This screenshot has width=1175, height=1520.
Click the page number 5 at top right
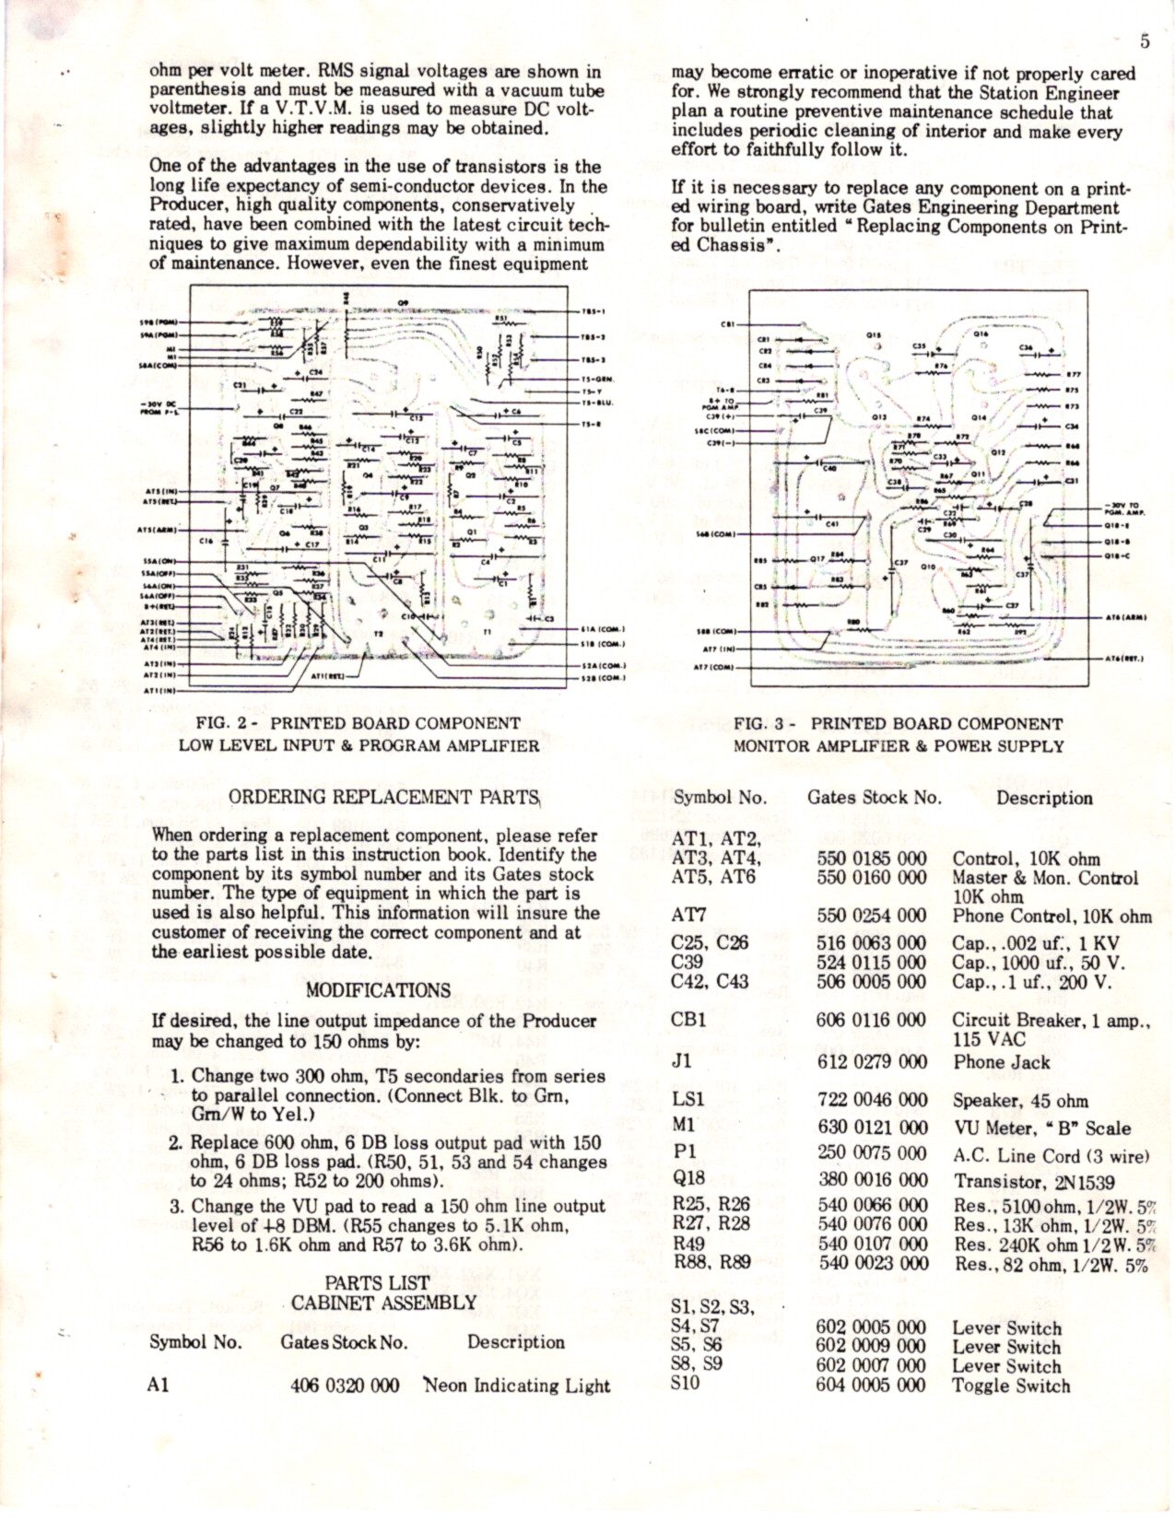coord(1145,41)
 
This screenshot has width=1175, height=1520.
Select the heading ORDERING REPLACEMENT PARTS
coord(382,798)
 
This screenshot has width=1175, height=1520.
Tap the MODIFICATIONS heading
coord(379,991)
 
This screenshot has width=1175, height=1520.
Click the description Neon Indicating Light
coord(517,1386)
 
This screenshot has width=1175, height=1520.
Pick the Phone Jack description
coord(1002,1061)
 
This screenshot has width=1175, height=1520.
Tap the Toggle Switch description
coord(1011,1386)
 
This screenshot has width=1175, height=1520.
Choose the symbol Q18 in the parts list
coord(688,1179)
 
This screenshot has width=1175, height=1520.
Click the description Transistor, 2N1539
coord(1034,1182)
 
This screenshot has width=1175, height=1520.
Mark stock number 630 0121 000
coord(871,1127)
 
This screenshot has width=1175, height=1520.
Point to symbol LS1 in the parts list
coord(688,1099)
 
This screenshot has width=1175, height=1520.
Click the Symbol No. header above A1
coord(195,1342)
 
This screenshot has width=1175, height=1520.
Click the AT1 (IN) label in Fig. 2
coord(159,688)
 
